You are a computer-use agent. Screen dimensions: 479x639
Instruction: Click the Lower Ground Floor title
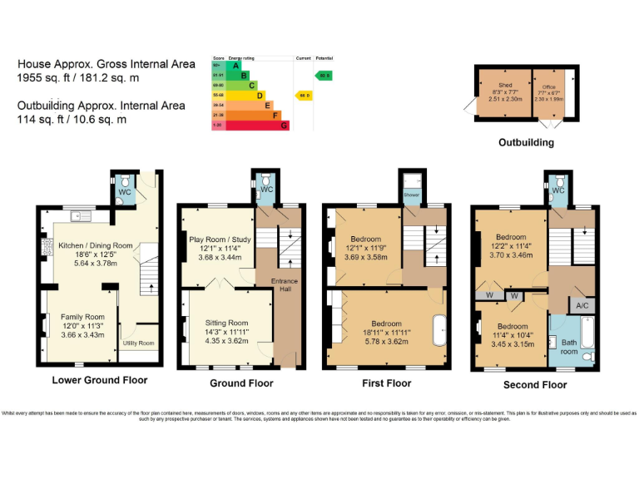[x=99, y=380]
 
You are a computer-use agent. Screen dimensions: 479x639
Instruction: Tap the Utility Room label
[x=138, y=343]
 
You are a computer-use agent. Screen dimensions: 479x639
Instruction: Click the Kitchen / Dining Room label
[x=95, y=245]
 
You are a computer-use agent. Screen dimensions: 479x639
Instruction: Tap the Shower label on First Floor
[x=412, y=197]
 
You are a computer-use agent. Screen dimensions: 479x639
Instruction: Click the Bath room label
[x=568, y=346]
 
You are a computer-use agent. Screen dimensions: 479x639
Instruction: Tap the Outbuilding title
[x=526, y=142]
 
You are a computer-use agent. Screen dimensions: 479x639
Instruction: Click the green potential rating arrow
[x=324, y=76]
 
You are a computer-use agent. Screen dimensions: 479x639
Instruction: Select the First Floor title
[x=386, y=383]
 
